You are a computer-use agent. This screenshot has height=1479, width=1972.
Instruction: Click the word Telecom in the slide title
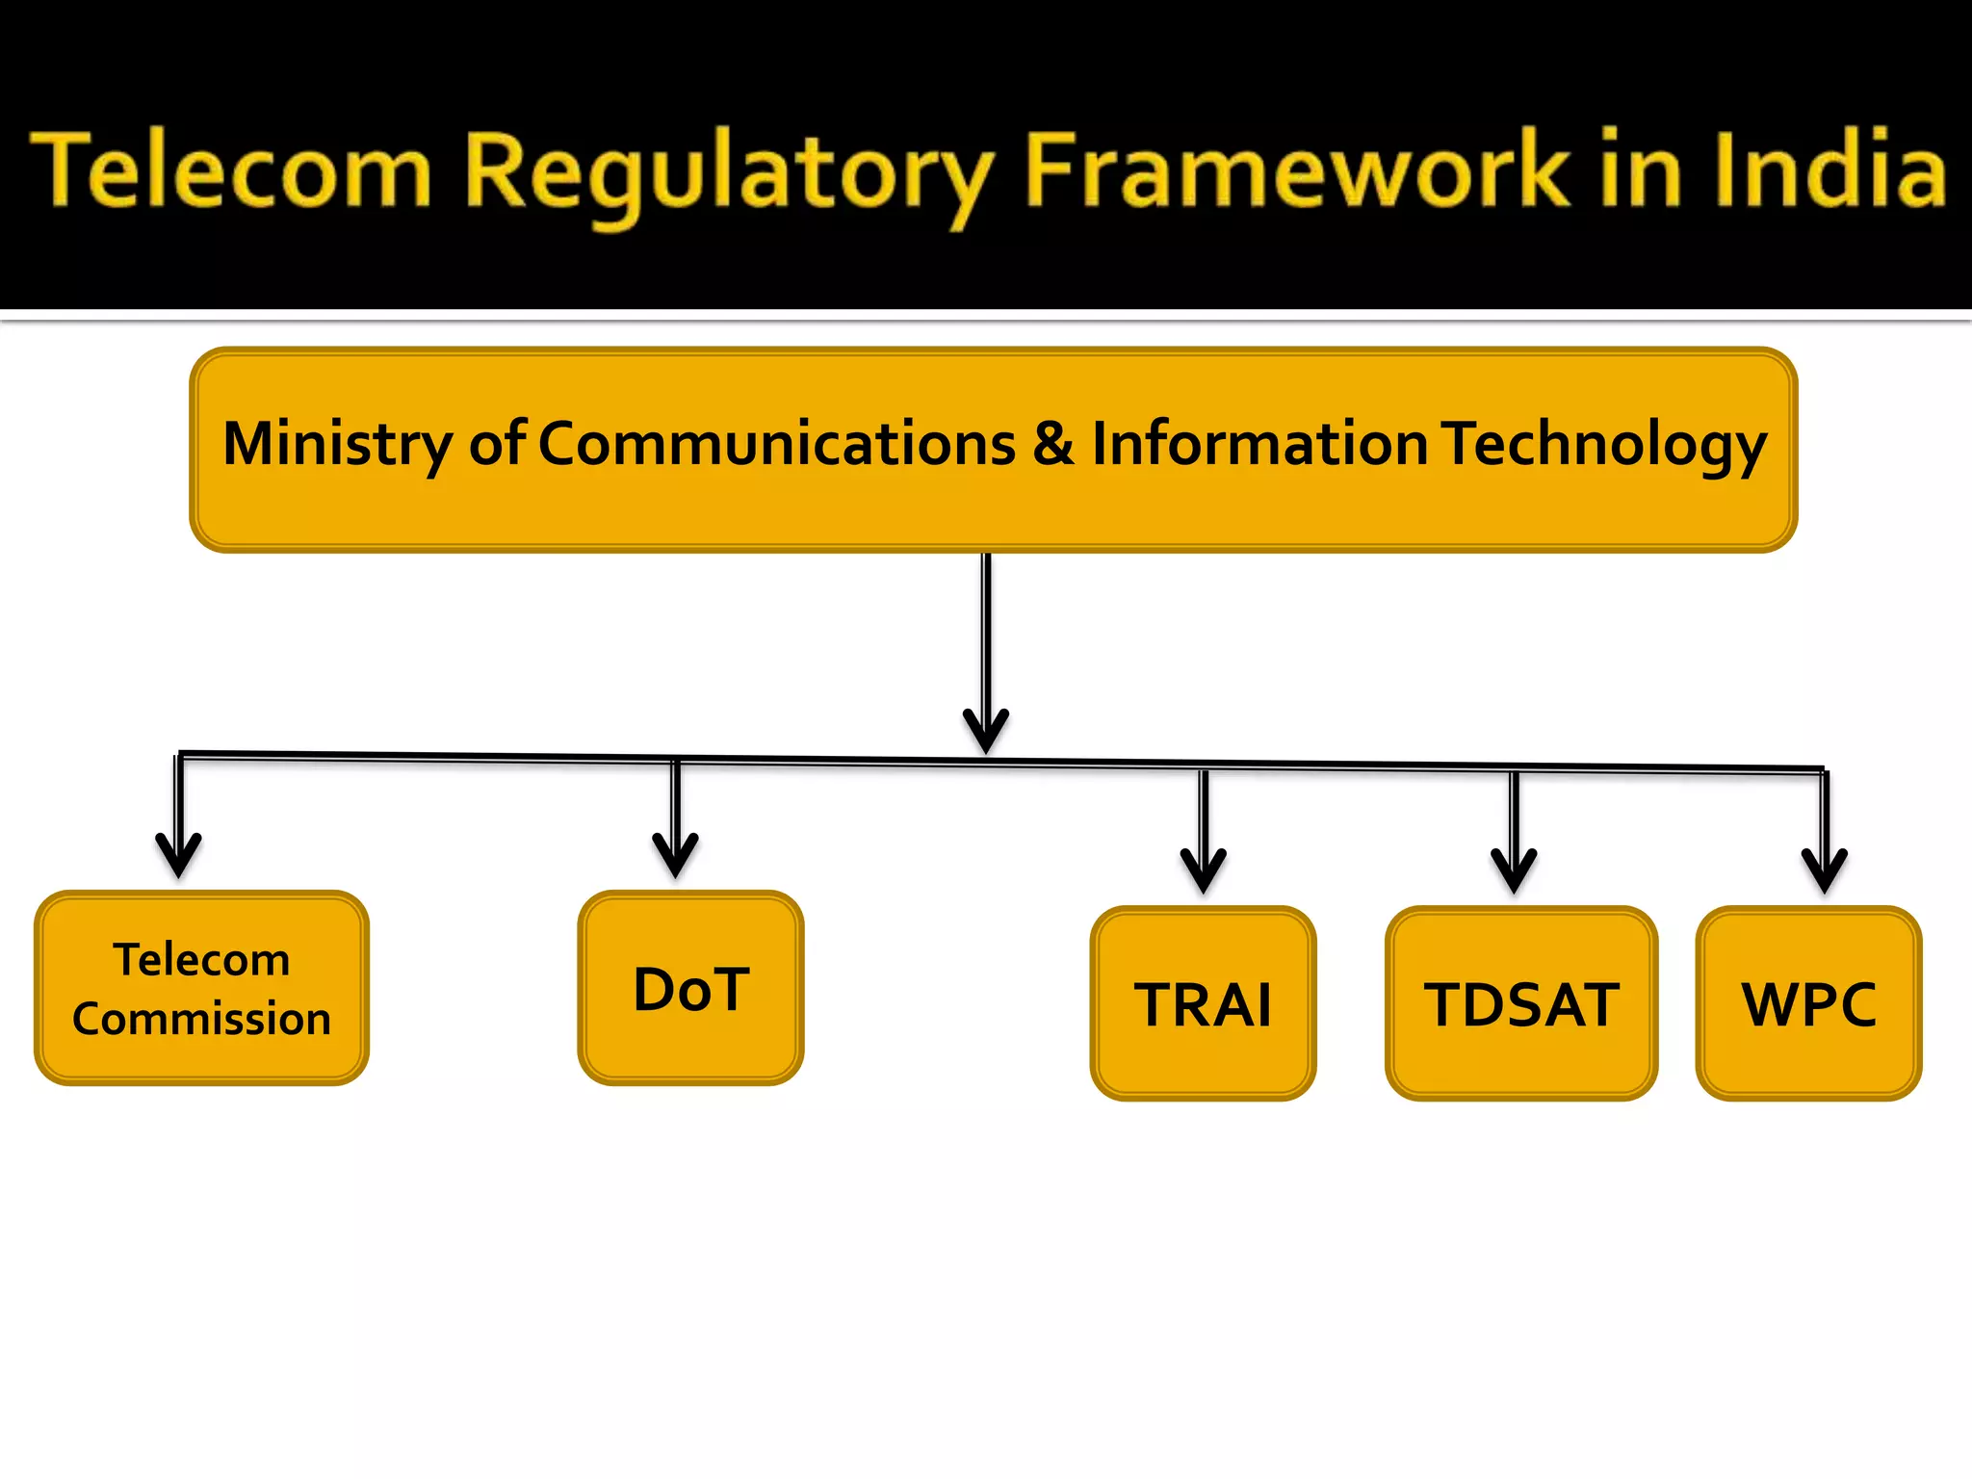[231, 171]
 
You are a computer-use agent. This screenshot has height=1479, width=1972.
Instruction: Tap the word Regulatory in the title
[728, 173]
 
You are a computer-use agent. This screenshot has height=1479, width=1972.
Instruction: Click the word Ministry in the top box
[337, 445]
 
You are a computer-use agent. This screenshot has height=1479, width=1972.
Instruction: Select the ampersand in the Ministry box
[1053, 445]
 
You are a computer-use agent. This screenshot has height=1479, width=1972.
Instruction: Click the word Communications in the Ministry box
[776, 445]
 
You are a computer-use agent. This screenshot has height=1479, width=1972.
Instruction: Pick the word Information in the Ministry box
[1259, 445]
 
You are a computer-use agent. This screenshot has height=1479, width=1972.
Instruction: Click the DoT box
[690, 989]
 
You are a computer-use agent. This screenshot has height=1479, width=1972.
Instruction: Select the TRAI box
[1203, 1004]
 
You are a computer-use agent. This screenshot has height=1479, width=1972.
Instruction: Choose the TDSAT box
[1520, 1004]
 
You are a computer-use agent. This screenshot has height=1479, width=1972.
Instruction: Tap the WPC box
[1807, 1004]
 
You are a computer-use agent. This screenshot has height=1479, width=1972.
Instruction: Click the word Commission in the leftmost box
[201, 1019]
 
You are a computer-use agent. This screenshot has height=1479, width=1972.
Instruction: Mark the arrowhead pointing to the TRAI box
[1204, 870]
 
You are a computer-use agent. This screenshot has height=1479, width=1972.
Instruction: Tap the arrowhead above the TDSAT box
[1514, 870]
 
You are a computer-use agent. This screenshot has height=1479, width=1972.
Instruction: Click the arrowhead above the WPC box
[1825, 870]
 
